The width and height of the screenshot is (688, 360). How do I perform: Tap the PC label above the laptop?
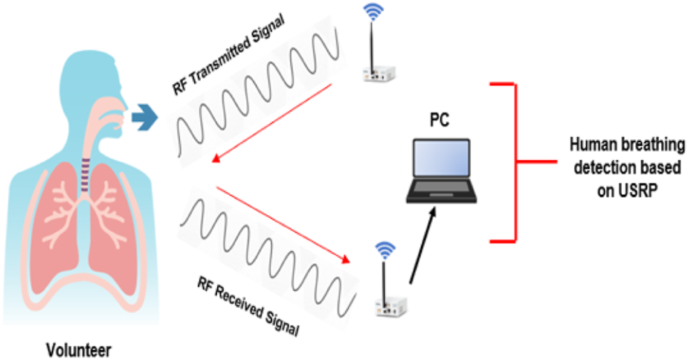pos(439,120)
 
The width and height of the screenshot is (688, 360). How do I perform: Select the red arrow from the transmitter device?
pos(271,123)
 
